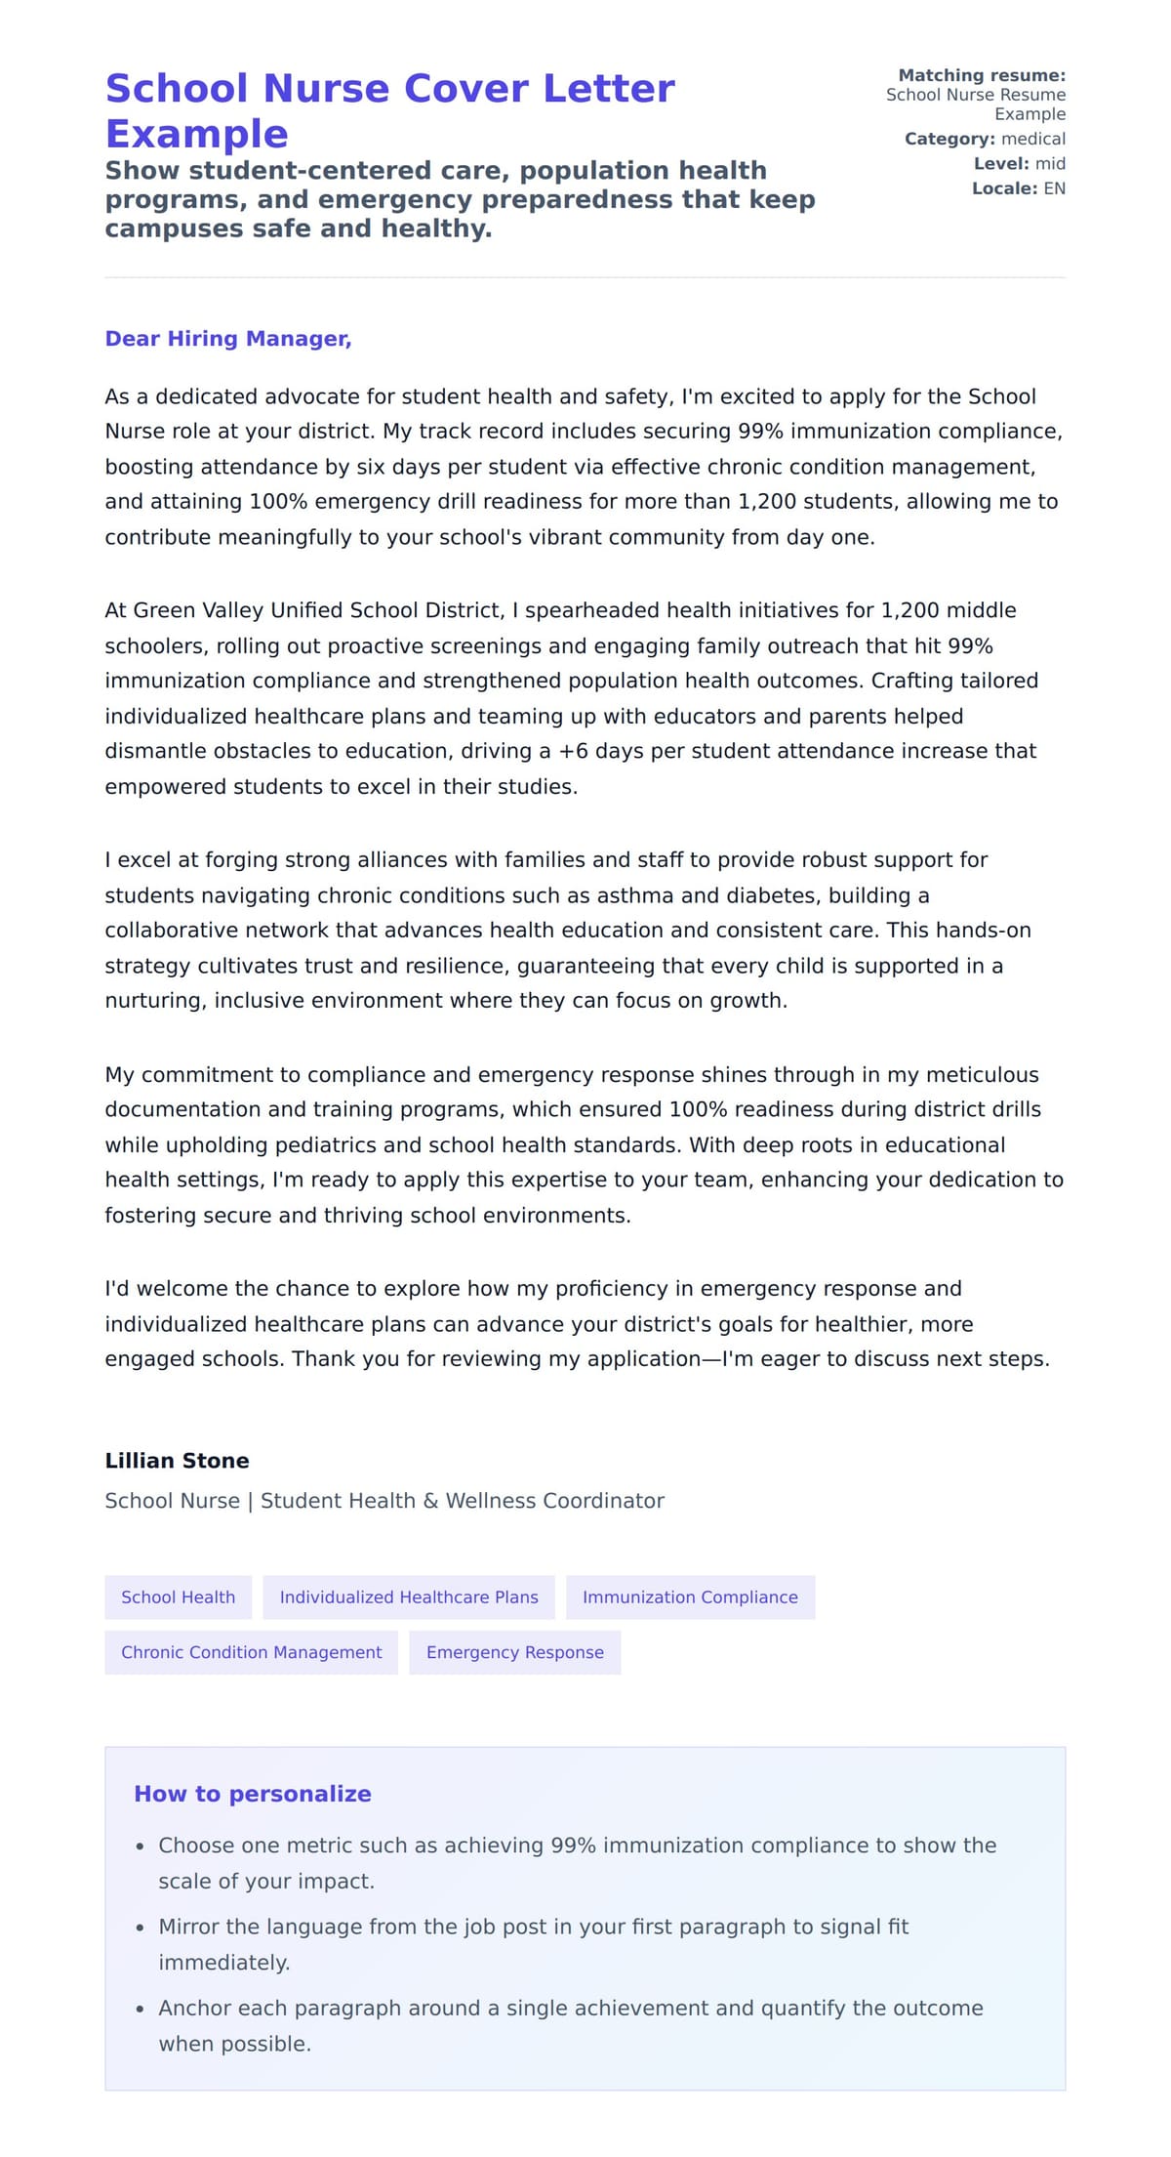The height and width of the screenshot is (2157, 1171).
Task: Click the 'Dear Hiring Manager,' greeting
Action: point(227,339)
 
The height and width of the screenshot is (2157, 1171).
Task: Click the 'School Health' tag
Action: point(178,1597)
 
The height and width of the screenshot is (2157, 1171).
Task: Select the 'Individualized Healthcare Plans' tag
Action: point(408,1597)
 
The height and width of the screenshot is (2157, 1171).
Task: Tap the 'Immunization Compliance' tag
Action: point(689,1597)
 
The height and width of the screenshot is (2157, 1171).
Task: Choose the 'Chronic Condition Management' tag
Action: point(251,1652)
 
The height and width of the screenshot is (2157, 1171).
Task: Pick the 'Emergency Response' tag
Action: point(514,1652)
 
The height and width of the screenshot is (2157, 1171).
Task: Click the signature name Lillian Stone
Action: point(177,1461)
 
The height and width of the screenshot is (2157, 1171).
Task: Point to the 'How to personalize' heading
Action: point(252,1794)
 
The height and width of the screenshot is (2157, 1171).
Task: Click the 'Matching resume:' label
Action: point(981,75)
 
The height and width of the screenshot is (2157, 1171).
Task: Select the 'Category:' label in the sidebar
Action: point(949,139)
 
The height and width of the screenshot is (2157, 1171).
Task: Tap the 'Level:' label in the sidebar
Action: point(1000,164)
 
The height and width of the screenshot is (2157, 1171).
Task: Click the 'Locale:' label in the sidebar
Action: point(1003,188)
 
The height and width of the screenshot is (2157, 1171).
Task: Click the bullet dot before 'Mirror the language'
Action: point(141,1928)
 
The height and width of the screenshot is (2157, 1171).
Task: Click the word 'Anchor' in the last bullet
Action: point(195,2008)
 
